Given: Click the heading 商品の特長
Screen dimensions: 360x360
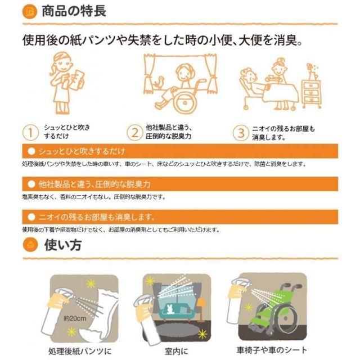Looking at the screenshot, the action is [74, 11].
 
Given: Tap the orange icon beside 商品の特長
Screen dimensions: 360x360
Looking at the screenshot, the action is [30, 11].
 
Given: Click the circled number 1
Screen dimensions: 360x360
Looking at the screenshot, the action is [30, 133].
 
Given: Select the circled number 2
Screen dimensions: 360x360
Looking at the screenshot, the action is [135, 133].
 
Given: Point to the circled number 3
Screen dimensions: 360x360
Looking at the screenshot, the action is [241, 133].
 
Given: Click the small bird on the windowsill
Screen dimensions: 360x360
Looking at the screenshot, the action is [159, 82].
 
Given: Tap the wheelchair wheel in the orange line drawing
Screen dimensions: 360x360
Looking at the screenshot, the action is [185, 102].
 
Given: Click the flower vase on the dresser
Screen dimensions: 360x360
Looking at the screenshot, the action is [312, 71].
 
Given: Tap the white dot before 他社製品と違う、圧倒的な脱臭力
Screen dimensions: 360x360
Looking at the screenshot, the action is [31, 184].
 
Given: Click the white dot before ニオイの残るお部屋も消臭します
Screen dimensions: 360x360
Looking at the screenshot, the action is [31, 217].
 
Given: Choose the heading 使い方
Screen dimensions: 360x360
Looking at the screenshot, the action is [63, 245].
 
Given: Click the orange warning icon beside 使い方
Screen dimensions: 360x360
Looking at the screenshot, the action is [30, 245].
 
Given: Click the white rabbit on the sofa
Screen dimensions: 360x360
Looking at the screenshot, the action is [170, 309].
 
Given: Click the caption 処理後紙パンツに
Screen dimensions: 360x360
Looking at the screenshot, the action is [80, 351].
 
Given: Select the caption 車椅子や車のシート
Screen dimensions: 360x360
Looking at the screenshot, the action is [272, 350].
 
